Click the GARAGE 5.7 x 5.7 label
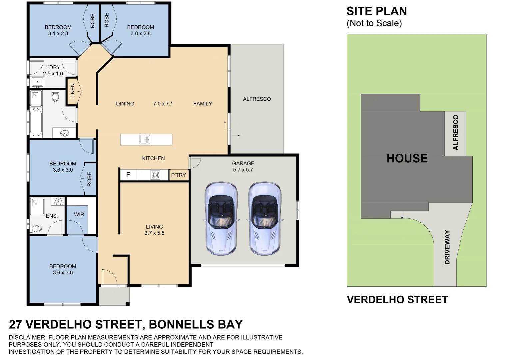pos(243,167)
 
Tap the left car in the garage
pos(221,218)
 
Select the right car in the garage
pos(264,218)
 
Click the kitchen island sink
pos(145,139)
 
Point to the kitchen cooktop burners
pos(155,175)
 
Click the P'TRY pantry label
pos(179,175)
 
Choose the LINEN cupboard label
pos(72,91)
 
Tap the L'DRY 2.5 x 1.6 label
pos(53,70)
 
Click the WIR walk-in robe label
pos(79,214)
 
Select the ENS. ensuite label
pos(52,216)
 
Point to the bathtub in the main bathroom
pos(36,122)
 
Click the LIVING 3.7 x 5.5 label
pos(154,230)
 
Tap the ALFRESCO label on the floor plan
pos(257,99)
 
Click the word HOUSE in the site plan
pos(407,158)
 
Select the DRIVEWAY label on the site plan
pos(447,247)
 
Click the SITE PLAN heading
pos(376,11)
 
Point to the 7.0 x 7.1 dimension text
pos(163,104)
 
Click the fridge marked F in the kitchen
pos(128,175)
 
